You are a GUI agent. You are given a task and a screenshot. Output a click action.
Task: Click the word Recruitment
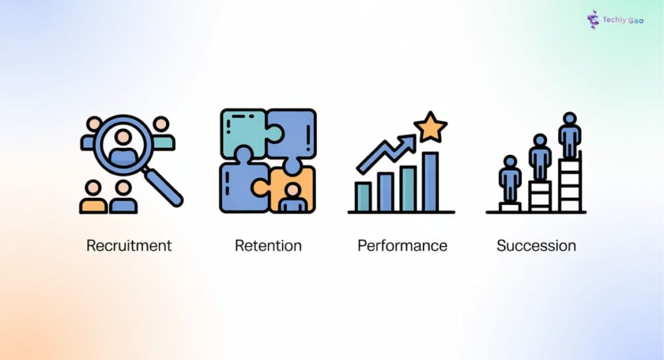129,246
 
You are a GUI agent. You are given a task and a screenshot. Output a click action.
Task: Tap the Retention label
268,246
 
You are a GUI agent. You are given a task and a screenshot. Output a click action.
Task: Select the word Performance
402,246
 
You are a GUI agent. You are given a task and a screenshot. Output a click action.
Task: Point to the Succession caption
536,246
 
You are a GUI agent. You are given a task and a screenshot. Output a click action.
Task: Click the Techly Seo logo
615,19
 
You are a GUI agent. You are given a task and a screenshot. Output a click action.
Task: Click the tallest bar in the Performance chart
430,182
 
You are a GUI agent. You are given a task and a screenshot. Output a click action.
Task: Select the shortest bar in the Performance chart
362,196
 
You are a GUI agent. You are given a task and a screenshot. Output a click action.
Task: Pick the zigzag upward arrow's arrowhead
408,141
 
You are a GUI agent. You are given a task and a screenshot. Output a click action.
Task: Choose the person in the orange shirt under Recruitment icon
93,198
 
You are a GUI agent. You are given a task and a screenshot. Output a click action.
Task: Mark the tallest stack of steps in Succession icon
569,185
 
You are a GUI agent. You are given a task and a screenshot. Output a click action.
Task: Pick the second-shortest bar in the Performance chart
385,191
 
